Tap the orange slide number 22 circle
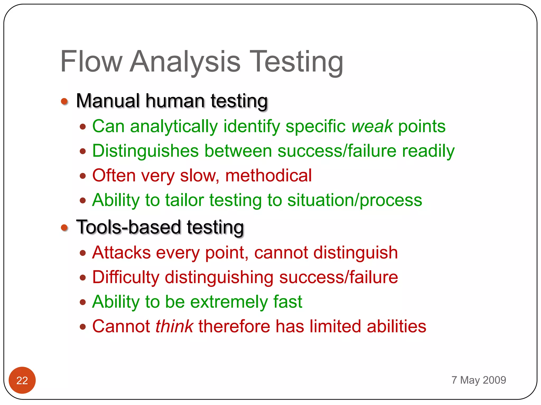click(22, 380)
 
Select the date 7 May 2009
click(479, 380)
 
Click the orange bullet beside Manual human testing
click(64, 101)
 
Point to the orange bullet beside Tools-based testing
click(64, 227)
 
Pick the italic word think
click(174, 326)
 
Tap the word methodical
click(268, 176)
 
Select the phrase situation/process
click(355, 200)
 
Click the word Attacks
click(122, 253)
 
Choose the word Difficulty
click(126, 277)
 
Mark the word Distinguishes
click(145, 151)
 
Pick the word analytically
click(174, 127)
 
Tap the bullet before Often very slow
click(83, 176)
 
